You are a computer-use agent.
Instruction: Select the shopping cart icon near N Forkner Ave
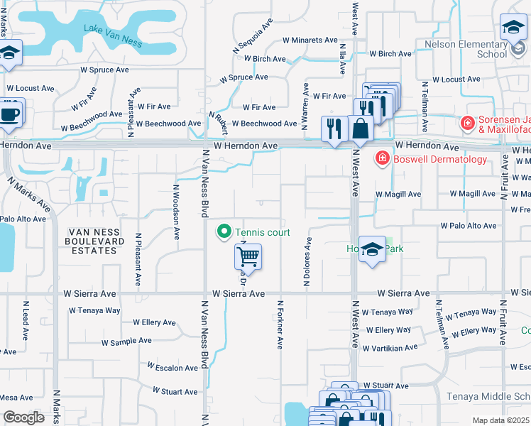click(x=248, y=256)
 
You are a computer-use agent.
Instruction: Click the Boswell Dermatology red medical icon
click(x=382, y=158)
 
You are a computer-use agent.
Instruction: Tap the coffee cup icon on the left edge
click(x=10, y=114)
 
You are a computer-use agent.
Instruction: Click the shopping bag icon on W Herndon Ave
click(x=361, y=129)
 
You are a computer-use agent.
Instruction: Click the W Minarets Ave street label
click(x=310, y=40)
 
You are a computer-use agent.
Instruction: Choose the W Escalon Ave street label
click(x=173, y=368)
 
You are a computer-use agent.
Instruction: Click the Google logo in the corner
click(x=23, y=417)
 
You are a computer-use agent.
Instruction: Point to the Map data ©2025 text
click(x=501, y=420)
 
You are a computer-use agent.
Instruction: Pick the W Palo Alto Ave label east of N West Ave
click(x=469, y=226)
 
